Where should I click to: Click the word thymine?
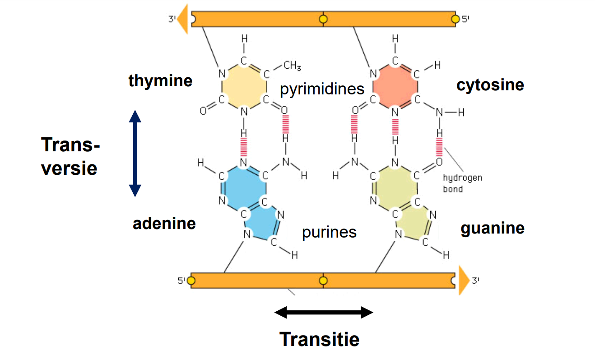click(160, 81)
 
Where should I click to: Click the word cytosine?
click(490, 85)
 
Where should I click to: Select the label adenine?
click(164, 224)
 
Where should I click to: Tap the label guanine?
click(493, 228)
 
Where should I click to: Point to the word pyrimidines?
click(322, 89)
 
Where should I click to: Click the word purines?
click(329, 233)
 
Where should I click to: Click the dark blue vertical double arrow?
click(135, 154)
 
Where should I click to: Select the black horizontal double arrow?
click(324, 312)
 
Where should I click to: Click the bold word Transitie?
click(319, 339)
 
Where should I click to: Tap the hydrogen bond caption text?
click(462, 183)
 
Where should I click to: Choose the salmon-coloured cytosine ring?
click(395, 86)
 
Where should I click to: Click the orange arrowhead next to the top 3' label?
click(183, 19)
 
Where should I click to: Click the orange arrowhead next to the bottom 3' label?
click(464, 281)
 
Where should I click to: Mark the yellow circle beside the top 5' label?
click(455, 19)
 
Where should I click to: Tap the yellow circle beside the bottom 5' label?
click(191, 281)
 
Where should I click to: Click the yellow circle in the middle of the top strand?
click(323, 19)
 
